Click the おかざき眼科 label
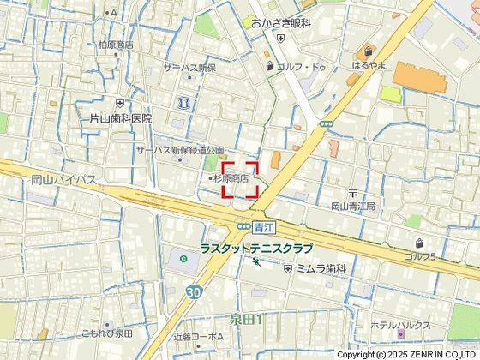click(280, 25)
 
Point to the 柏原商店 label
click(116, 45)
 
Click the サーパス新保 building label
click(190, 68)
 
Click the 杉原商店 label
click(230, 178)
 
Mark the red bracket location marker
click(241, 180)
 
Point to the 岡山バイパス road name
click(63, 180)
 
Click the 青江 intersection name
click(262, 227)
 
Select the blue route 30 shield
click(195, 291)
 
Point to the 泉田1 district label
click(245, 319)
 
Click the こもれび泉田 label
click(107, 333)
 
